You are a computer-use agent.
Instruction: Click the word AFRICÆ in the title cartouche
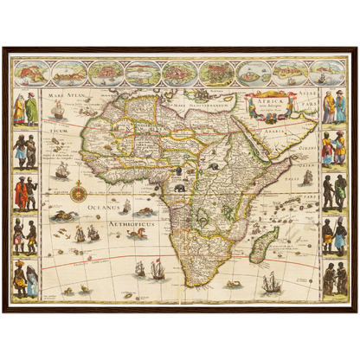pyautogui.click(x=267, y=99)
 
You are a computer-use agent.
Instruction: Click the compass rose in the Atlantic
pyautogui.click(x=79, y=189)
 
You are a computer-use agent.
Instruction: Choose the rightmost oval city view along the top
pyautogui.click(x=327, y=72)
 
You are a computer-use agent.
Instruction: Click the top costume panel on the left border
pyautogui.click(x=25, y=109)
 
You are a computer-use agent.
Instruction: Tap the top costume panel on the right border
pyautogui.click(x=333, y=106)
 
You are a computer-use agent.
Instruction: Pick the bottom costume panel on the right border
pyautogui.click(x=333, y=279)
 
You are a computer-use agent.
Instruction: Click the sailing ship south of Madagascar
pyautogui.click(x=271, y=282)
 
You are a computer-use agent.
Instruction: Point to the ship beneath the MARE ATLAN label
pyautogui.click(x=58, y=111)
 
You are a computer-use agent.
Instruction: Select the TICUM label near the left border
pyautogui.click(x=57, y=132)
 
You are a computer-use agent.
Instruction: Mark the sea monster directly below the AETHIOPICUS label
pyautogui.click(x=137, y=233)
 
